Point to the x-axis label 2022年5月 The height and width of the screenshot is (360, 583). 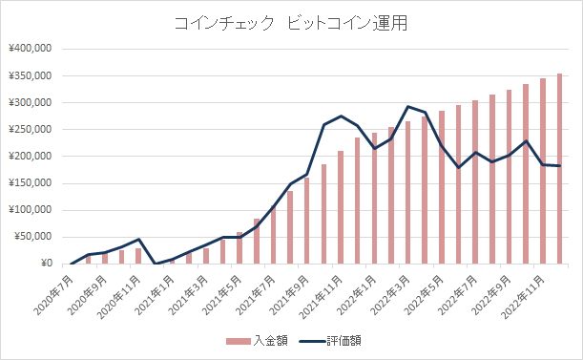tap(427, 288)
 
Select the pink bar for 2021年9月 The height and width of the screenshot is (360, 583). tap(307, 221)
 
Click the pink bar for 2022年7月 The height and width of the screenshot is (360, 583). tap(475, 182)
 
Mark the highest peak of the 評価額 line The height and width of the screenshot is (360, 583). tap(408, 106)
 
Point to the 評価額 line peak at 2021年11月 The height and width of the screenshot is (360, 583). tap(341, 116)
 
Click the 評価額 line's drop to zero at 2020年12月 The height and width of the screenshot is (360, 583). tap(156, 264)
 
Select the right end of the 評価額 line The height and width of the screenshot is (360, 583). tap(559, 166)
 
